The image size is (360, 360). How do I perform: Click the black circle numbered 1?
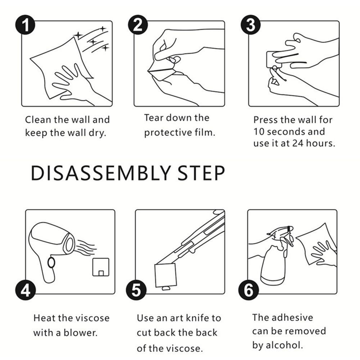[25, 24]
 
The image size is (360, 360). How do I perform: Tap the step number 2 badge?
[138, 24]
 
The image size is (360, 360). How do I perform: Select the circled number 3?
[251, 24]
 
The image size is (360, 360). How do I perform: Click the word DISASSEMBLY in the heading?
[101, 173]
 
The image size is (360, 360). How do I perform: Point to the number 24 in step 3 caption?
[298, 143]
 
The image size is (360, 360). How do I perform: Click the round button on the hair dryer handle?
[51, 263]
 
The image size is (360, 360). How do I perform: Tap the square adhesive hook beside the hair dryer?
[101, 267]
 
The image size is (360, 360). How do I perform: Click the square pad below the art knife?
[166, 275]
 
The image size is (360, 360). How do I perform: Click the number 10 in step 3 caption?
[259, 131]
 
